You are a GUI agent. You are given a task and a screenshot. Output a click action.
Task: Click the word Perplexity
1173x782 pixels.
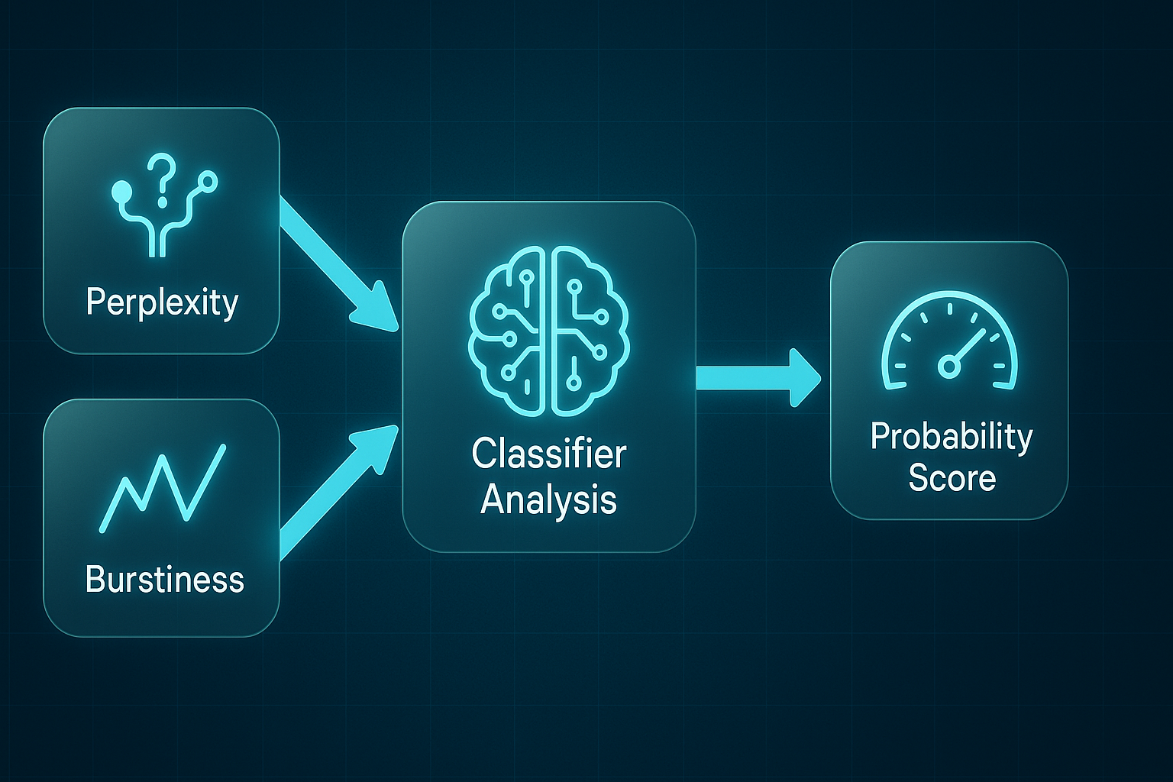tap(162, 303)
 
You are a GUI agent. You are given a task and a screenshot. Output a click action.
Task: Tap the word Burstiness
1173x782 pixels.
tap(164, 579)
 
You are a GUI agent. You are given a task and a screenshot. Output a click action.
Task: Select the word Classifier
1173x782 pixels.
tap(549, 454)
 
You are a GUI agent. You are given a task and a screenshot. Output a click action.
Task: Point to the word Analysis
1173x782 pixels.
tap(548, 500)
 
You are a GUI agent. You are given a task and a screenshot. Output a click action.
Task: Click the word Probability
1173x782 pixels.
tap(952, 438)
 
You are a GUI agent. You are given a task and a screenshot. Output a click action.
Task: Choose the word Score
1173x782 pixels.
tap(952, 478)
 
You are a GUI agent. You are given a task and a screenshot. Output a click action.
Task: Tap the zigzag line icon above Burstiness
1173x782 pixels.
tap(163, 488)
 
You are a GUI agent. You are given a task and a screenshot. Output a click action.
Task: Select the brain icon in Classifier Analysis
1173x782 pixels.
tap(548, 331)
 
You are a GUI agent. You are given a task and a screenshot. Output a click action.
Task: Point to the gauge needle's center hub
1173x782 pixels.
tap(948, 366)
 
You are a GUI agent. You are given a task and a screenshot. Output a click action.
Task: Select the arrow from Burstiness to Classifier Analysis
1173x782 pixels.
tap(339, 493)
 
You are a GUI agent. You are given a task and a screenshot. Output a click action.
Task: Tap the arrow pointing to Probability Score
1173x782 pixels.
tap(758, 378)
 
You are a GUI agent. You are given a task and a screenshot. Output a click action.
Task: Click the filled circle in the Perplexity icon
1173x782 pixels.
tap(122, 192)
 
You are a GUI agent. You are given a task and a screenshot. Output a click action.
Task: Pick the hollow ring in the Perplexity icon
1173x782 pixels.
tap(208, 182)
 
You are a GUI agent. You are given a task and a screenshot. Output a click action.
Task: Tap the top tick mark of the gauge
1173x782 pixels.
tap(949, 309)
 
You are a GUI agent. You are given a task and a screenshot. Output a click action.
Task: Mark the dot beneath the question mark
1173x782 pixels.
tap(162, 202)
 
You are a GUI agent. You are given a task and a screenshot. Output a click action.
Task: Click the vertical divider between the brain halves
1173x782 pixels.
tap(548, 331)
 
